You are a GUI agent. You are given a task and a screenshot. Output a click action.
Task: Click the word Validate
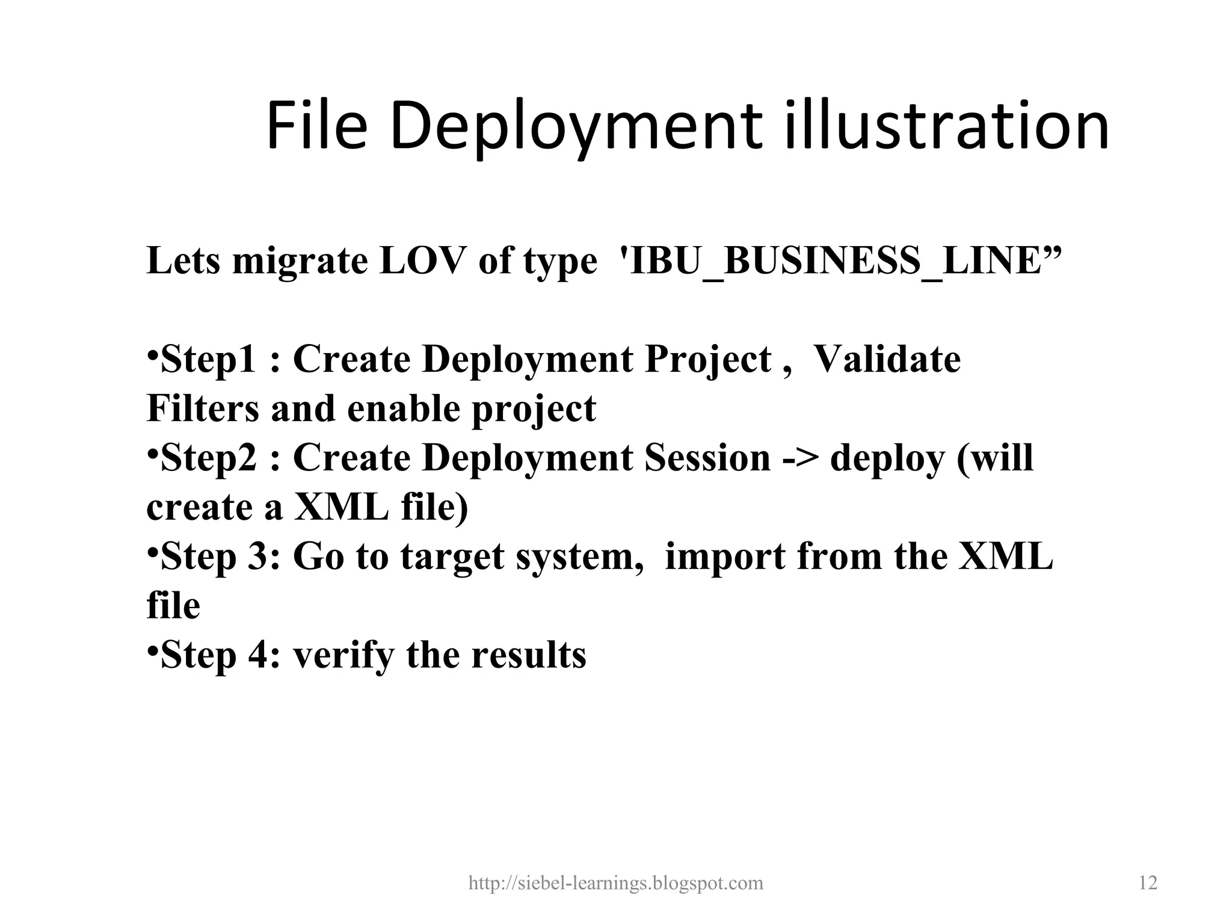point(887,359)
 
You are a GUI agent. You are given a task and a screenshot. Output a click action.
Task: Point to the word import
point(725,557)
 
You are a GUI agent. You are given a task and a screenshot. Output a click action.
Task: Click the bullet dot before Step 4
point(152,650)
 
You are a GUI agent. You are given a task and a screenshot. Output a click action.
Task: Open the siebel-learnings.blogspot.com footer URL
point(615,883)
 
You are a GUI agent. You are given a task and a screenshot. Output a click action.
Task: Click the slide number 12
point(1148,883)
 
